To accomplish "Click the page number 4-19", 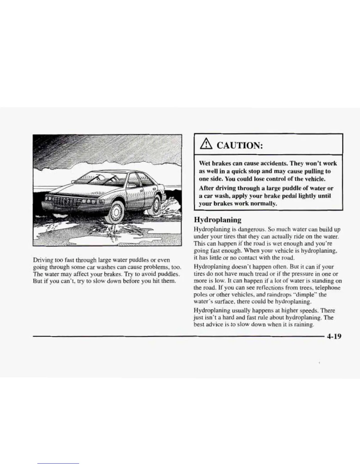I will coord(333,336).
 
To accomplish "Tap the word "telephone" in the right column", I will coord(328,287).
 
